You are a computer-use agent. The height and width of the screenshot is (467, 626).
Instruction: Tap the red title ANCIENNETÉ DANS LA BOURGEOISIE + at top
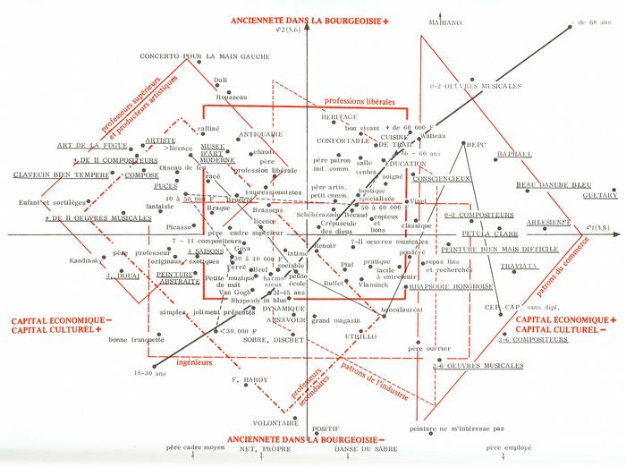click(309, 19)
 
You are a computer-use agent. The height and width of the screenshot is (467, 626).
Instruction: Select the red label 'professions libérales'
click(361, 102)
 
